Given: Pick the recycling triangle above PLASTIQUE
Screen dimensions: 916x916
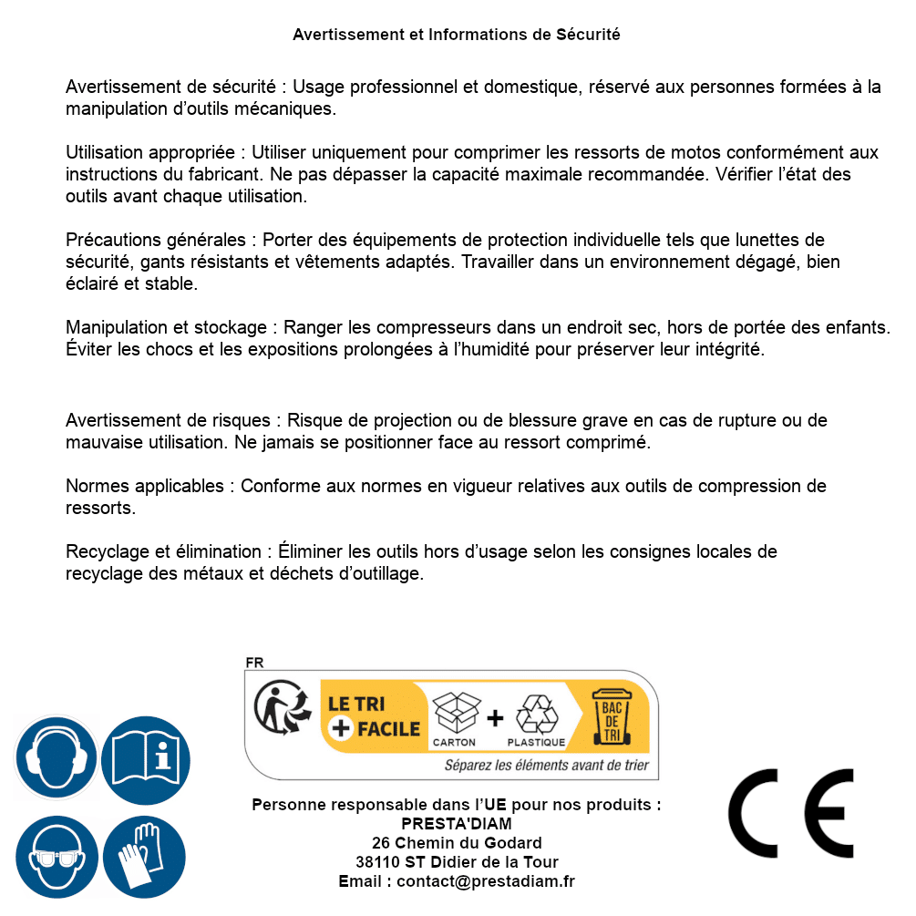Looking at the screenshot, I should pyautogui.click(x=536, y=714).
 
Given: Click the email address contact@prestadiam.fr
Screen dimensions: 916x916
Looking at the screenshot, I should pyautogui.click(x=486, y=881).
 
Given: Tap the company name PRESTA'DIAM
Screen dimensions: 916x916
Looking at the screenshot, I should pyautogui.click(x=457, y=824).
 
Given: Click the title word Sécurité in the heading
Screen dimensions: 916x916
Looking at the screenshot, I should pyautogui.click(x=588, y=35).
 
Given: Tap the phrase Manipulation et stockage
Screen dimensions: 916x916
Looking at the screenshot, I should pyautogui.click(x=170, y=327).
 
